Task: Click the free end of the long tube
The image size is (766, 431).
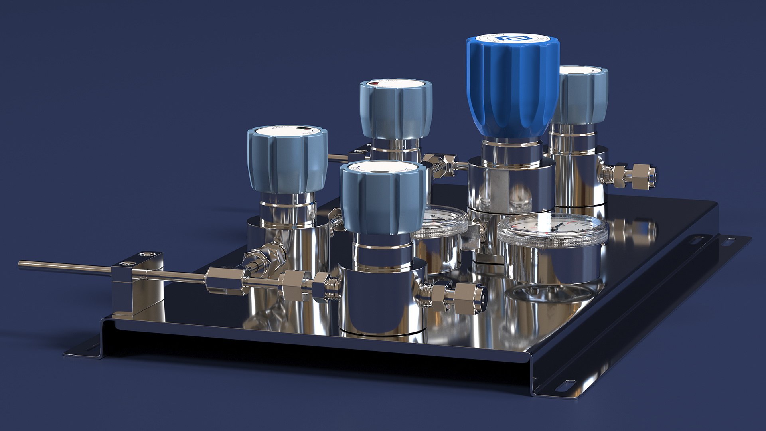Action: click(x=21, y=263)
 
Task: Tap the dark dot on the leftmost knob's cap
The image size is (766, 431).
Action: click(x=304, y=129)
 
